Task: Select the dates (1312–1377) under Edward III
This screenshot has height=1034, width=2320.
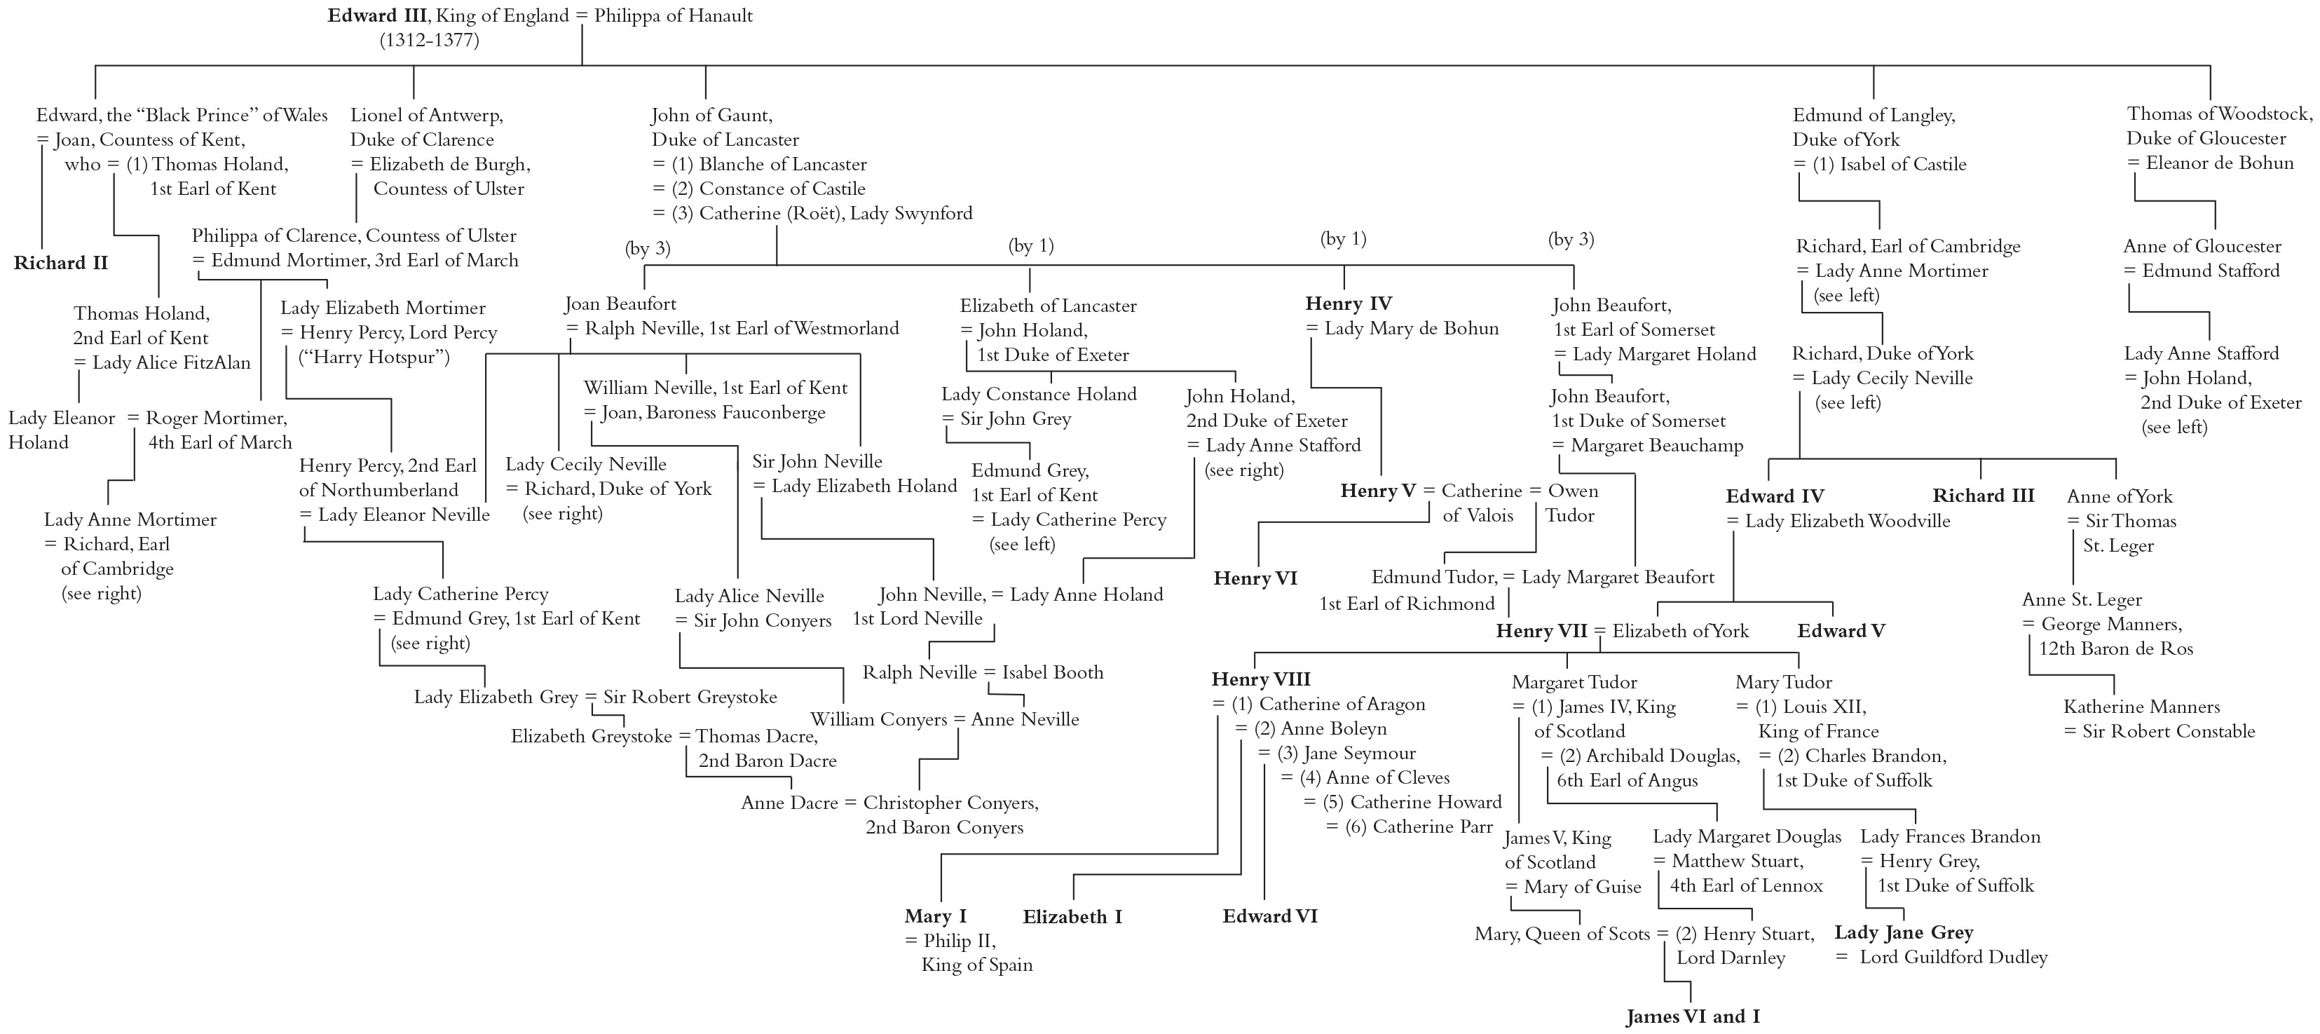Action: click(x=429, y=40)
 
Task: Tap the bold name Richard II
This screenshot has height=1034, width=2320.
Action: click(x=60, y=263)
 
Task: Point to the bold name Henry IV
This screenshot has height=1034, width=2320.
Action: click(x=1349, y=304)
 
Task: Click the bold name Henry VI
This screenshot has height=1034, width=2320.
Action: click(x=1255, y=578)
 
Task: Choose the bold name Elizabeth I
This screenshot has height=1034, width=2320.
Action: click(x=1072, y=917)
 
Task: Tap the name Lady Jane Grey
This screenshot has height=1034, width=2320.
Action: click(x=1904, y=932)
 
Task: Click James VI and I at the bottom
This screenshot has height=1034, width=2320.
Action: click(x=1692, y=1017)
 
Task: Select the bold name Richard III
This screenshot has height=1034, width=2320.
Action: click(x=1983, y=496)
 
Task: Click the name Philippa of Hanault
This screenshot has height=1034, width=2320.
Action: click(x=673, y=15)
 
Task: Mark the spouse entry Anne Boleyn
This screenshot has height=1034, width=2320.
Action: click(x=1333, y=728)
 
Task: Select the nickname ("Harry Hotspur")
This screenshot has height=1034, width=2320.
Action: click(x=374, y=357)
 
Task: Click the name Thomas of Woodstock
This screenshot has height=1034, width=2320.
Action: click(x=2219, y=114)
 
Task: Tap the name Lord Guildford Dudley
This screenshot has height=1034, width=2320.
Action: click(x=1953, y=957)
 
